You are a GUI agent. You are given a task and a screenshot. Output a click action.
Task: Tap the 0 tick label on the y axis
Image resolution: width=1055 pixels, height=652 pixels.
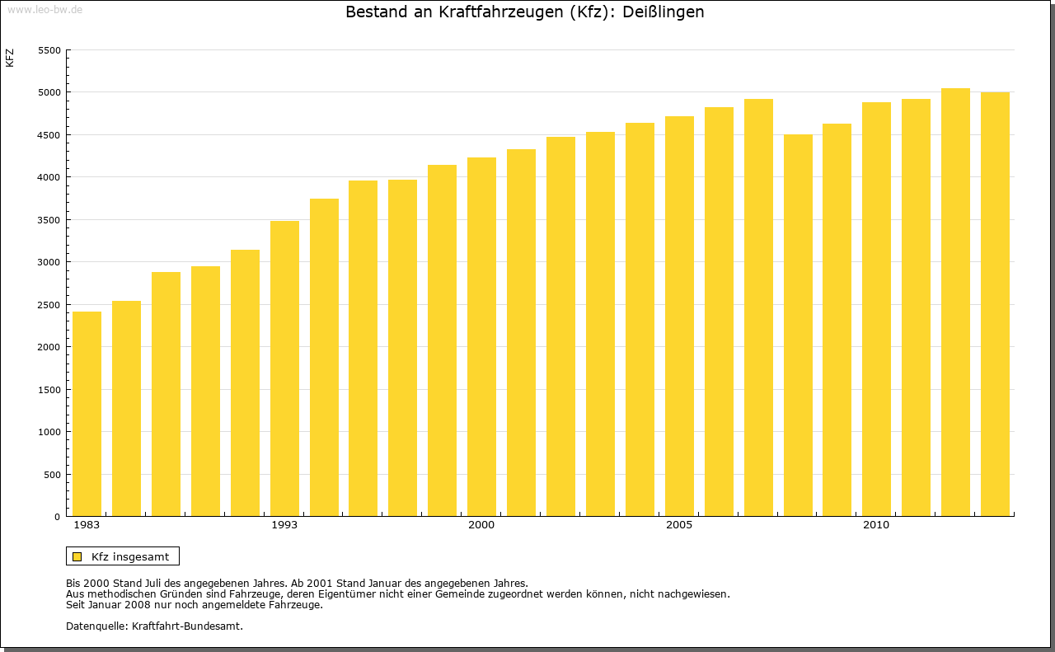click(x=57, y=517)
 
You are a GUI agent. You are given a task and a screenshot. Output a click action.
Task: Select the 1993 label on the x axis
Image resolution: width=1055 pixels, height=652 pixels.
click(x=284, y=525)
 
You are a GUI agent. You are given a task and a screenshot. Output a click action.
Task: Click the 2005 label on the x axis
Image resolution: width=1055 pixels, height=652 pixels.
click(x=679, y=525)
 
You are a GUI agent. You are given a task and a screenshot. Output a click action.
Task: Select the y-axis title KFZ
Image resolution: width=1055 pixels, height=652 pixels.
click(x=10, y=58)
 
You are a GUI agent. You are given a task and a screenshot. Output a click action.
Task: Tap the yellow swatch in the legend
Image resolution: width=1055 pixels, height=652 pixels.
click(x=77, y=556)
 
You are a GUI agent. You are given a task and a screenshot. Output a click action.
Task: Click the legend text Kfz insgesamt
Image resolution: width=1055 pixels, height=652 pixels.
click(x=130, y=556)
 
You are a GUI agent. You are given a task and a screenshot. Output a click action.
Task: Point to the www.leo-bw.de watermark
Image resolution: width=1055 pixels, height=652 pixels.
click(x=45, y=8)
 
